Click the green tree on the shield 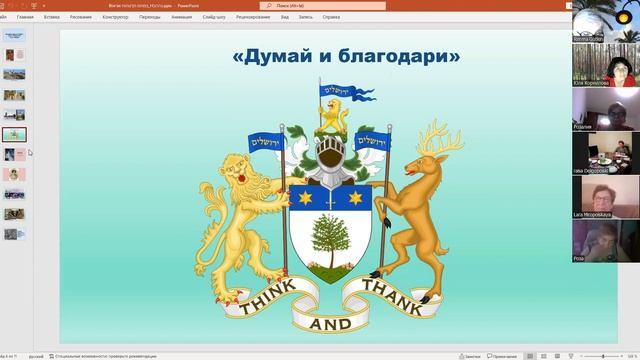[329, 239]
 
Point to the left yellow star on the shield [304, 198]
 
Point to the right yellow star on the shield [355, 198]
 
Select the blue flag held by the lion [266, 143]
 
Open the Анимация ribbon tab [181, 17]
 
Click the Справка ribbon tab [331, 17]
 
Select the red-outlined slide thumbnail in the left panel [15, 134]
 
